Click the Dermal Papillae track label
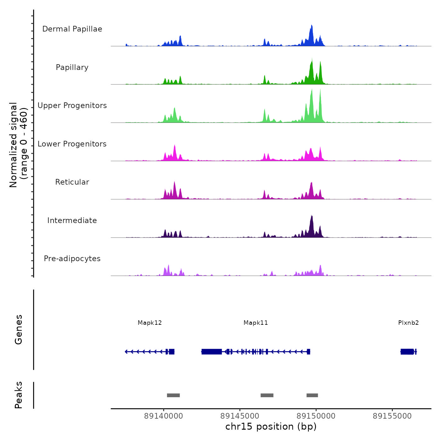tap(72, 29)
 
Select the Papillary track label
tap(72, 67)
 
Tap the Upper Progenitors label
tap(72, 106)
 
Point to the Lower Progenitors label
tap(72, 144)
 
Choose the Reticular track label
tap(72, 182)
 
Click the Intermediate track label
tap(72, 220)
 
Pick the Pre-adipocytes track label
tap(72, 259)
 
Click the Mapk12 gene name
tap(150, 323)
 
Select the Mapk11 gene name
tap(256, 323)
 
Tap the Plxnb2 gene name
tap(408, 323)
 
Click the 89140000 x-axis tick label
tap(163, 416)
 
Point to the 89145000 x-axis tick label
tap(240, 416)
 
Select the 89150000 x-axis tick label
tap(316, 416)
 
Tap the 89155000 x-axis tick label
tap(392, 416)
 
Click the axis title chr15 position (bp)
tap(271, 427)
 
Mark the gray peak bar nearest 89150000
tap(312, 395)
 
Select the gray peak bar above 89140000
tap(173, 395)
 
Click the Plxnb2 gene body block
tap(407, 352)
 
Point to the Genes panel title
tap(19, 329)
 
